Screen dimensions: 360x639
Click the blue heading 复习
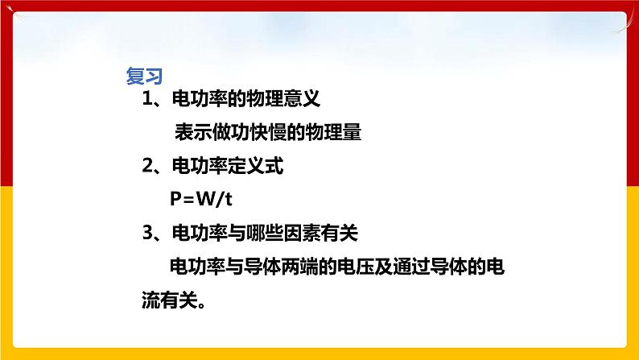145,77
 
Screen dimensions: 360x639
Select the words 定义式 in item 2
254,168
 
